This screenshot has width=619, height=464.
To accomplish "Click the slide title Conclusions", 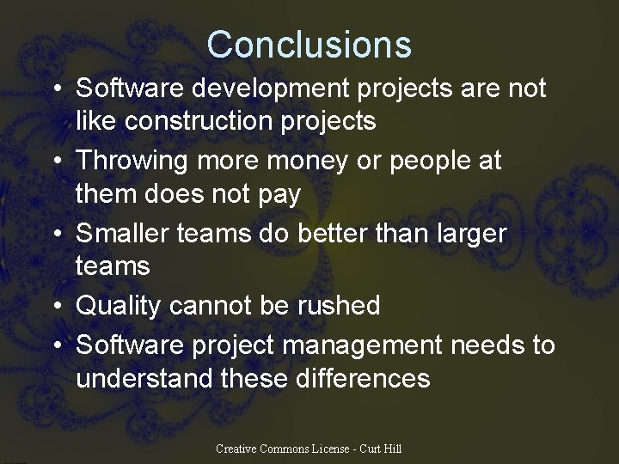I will [309, 44].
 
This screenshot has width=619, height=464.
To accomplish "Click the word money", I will [293, 161].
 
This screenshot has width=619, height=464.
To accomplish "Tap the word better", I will [309, 233].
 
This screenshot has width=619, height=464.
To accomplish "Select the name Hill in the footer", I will [392, 449].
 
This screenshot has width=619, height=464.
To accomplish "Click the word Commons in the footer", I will [290, 449].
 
